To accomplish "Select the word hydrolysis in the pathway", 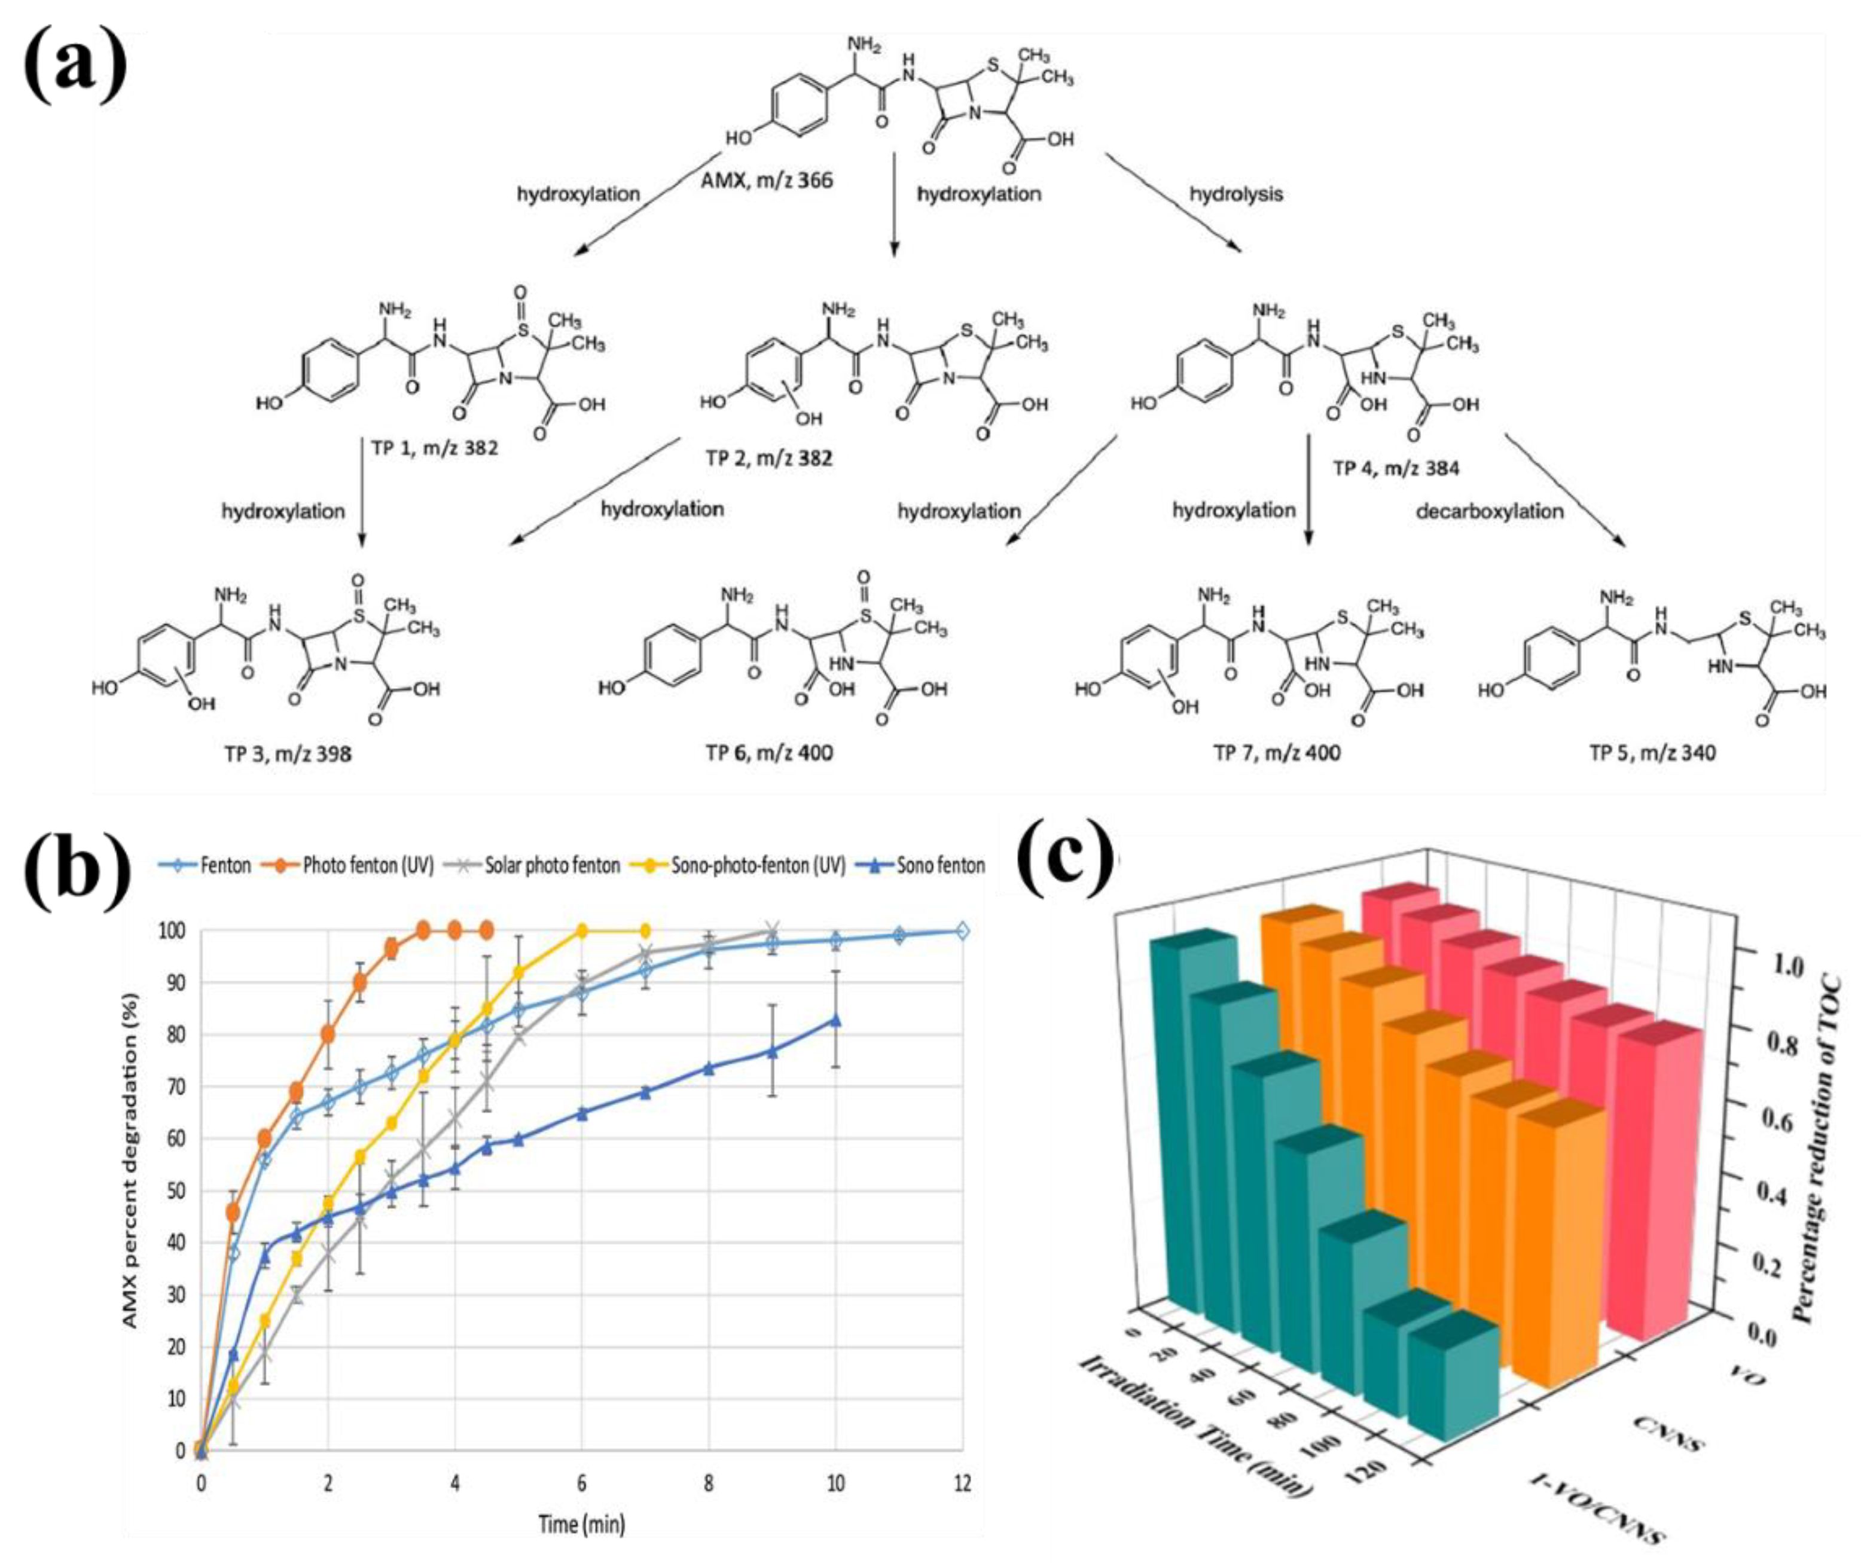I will (1235, 193).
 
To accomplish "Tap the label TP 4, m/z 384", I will (1396, 468).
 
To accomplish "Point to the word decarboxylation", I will (1489, 511).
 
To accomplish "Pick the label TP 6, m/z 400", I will (768, 753).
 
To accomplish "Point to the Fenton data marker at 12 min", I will (962, 931).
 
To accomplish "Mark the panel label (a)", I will (75, 66).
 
